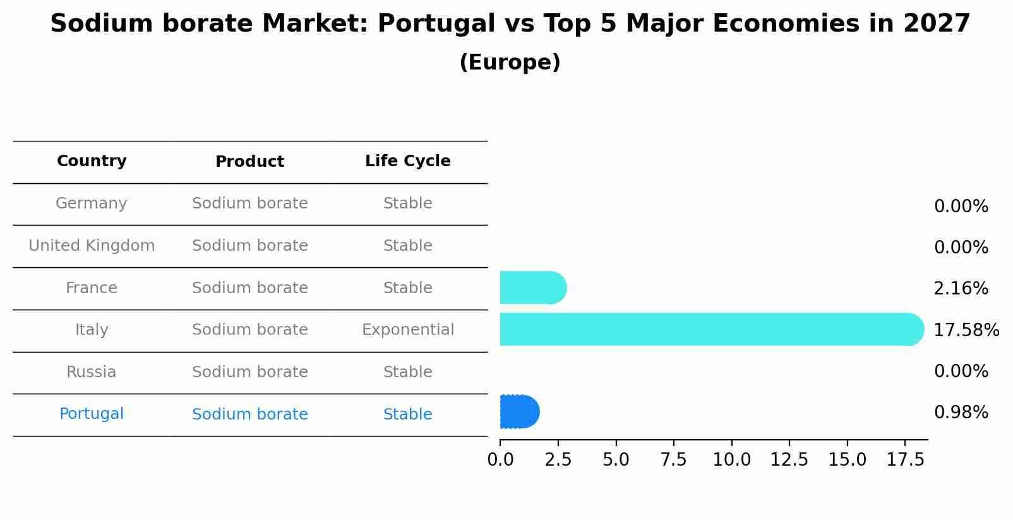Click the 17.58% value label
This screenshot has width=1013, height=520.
[x=966, y=330]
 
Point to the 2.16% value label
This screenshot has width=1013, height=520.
[x=961, y=289]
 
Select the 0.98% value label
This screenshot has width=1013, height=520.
[x=961, y=413]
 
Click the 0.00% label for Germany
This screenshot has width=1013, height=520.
[x=961, y=207]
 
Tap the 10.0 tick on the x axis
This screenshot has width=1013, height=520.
[x=731, y=460]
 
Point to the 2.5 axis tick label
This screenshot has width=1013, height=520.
[x=558, y=460]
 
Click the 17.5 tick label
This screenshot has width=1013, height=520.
[x=905, y=460]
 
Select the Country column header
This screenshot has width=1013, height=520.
[x=92, y=161]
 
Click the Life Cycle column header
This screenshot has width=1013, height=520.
[x=407, y=161]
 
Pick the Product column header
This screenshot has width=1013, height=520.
[x=249, y=162]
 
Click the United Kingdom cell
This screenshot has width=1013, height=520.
[x=92, y=246]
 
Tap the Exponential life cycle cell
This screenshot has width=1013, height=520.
[x=407, y=330]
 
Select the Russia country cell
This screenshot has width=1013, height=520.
[x=92, y=372]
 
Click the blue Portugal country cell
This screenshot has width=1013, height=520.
[x=92, y=414]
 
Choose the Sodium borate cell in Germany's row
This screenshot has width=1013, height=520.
[x=249, y=203]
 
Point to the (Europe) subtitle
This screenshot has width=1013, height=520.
[x=510, y=63]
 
